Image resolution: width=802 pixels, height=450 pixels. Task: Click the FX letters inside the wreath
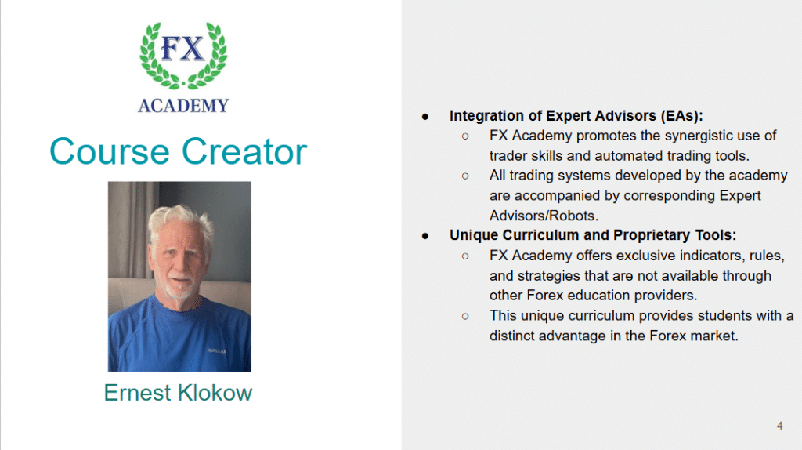click(182, 49)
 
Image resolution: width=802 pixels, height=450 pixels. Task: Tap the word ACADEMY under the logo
click(183, 106)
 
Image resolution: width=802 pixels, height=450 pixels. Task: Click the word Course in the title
click(110, 151)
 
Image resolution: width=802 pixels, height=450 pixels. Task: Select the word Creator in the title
click(244, 151)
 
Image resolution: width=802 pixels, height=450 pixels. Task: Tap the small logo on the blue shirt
click(217, 350)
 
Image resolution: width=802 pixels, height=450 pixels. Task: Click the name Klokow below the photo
click(215, 393)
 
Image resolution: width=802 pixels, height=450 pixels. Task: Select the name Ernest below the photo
click(138, 393)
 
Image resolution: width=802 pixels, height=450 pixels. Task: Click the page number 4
click(779, 426)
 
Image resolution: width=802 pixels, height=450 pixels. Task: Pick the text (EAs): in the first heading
click(681, 116)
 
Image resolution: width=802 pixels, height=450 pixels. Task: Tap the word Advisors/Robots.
click(544, 216)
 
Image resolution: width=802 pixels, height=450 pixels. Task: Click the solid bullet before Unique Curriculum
click(425, 236)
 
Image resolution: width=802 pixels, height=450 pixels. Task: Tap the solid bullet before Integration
click(425, 117)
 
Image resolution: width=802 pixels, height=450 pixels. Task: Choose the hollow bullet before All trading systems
click(465, 176)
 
